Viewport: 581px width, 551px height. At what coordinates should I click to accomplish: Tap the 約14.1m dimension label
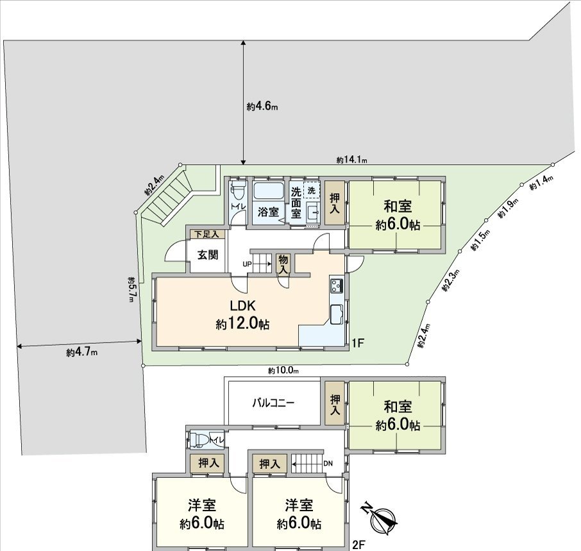tap(351, 160)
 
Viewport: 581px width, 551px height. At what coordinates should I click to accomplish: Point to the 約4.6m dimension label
tap(262, 106)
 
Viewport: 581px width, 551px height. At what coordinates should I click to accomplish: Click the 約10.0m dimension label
tap(283, 371)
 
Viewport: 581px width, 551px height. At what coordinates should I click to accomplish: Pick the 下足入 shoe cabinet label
tap(206, 235)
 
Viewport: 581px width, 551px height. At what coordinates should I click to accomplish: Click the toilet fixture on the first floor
tap(238, 191)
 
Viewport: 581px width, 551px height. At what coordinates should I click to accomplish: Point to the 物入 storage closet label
tap(283, 263)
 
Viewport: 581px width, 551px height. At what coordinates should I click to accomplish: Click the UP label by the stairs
tap(247, 264)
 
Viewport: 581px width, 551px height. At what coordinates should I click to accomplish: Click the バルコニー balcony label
tap(273, 403)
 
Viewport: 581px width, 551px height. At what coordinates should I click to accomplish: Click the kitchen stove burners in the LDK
tap(337, 285)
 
